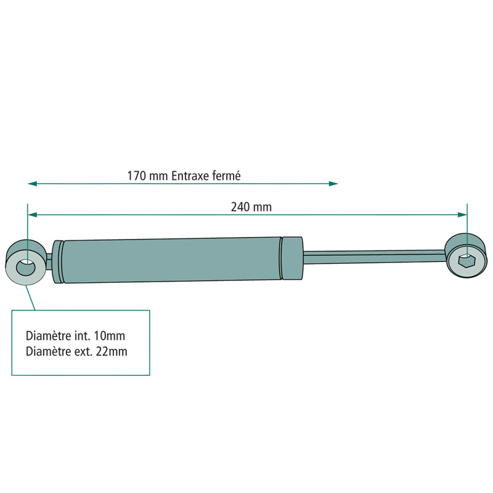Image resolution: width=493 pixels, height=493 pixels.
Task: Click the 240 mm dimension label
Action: [x=251, y=207]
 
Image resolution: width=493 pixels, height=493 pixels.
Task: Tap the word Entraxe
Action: [x=189, y=176]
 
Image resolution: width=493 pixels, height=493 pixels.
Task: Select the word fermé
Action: [x=224, y=176]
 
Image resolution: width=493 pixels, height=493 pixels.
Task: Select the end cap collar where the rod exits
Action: [x=291, y=257]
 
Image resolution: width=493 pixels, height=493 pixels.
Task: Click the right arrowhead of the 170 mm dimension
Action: [x=334, y=184]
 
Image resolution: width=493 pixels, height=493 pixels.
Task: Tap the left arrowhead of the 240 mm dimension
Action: [x=32, y=214]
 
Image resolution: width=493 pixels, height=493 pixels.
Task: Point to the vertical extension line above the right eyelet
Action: [x=467, y=225]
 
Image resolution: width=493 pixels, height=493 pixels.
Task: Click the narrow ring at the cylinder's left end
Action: [x=58, y=262]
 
